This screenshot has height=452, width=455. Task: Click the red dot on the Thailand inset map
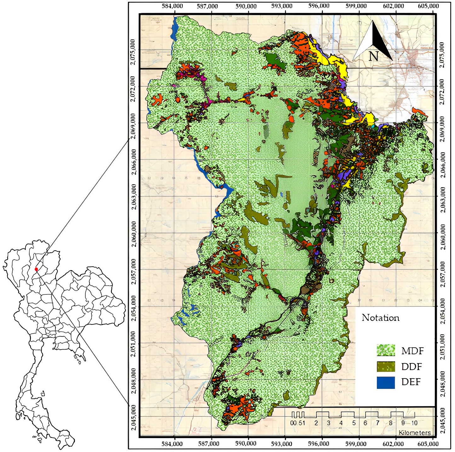(36, 269)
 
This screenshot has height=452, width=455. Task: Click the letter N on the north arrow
(373, 56)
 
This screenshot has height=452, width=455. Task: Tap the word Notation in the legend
(380, 318)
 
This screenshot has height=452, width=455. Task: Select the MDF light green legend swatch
(386, 350)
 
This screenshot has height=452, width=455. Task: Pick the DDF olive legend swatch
(386, 366)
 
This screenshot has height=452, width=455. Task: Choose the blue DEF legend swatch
(386, 382)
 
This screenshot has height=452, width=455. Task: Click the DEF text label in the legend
(411, 382)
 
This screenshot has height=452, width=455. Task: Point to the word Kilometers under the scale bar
(414, 433)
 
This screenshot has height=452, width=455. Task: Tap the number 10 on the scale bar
(414, 423)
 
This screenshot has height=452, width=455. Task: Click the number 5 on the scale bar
(354, 423)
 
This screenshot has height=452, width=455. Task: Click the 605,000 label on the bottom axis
(428, 444)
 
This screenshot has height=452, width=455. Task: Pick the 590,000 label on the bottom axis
(246, 444)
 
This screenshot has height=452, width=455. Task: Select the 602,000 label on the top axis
(394, 6)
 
